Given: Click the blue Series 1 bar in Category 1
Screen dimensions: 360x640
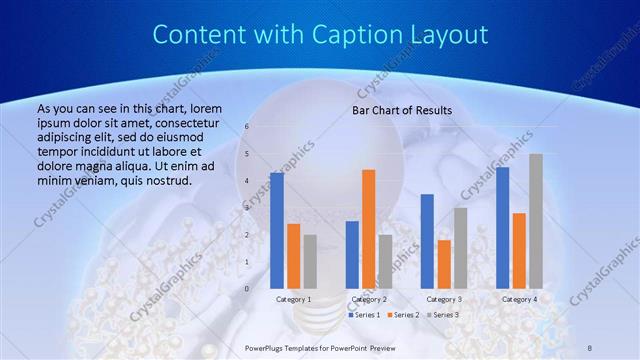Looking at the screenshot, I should point(276,230).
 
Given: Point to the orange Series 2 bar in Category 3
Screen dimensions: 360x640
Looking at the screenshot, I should point(444,263).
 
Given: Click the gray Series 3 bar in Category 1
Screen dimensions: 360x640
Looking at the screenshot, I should point(310,261).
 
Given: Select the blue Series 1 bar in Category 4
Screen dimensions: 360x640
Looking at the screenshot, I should point(502,227).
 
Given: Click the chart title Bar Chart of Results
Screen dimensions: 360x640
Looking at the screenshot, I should point(401,110).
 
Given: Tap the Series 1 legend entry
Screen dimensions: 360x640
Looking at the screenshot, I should point(363,315).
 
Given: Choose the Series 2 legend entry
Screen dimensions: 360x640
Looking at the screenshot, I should point(402,315).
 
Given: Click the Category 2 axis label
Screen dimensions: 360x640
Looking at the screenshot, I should point(369,299).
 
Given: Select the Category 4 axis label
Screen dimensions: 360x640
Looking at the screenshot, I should point(519,299).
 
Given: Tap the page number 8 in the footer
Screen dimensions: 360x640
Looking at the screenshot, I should point(589,347).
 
